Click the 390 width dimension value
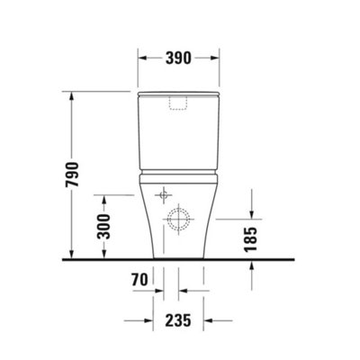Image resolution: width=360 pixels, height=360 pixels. point(178,58)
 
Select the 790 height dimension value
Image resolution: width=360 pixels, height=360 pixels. point(72,175)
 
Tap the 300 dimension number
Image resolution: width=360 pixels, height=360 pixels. point(103,227)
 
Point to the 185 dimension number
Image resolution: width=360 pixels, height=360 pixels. point(251,239)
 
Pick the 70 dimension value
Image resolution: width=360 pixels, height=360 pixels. point(139,280)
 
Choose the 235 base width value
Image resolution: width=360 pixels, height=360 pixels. point(178,320)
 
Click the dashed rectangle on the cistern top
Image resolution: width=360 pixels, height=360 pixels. point(178,103)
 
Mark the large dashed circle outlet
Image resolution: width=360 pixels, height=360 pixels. point(178,219)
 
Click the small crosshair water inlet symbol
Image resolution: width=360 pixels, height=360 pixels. point(164,195)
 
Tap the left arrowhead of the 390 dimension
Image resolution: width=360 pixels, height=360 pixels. point(142,58)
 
